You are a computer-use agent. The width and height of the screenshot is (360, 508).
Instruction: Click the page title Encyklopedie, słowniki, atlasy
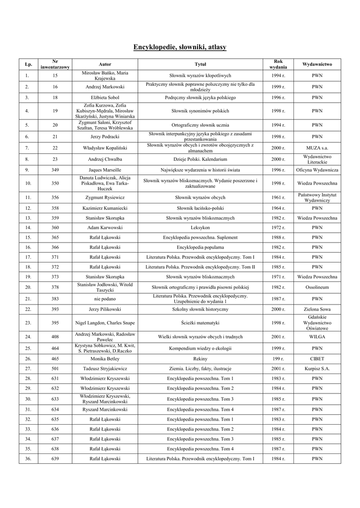(x=180, y=47)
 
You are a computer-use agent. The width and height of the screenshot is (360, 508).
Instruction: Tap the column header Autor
(x=105, y=64)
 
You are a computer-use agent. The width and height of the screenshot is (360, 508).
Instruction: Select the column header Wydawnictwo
(x=317, y=64)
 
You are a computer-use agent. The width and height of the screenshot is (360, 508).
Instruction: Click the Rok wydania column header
(x=278, y=64)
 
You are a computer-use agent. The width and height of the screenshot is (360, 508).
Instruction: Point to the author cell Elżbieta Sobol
(x=105, y=98)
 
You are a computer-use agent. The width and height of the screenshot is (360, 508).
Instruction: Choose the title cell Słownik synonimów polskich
(x=200, y=111)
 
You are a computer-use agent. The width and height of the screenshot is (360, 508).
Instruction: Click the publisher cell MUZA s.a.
(x=317, y=148)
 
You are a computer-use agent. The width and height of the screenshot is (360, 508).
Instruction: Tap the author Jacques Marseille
(x=105, y=170)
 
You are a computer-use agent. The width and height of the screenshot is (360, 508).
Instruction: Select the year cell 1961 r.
(x=278, y=197)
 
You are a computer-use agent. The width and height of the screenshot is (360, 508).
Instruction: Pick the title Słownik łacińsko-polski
(x=200, y=208)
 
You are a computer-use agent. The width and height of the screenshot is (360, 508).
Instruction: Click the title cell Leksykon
(x=200, y=227)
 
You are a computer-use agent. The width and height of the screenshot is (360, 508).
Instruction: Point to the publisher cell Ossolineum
(x=317, y=287)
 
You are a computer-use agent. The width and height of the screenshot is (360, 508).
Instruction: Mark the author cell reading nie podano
(x=105, y=299)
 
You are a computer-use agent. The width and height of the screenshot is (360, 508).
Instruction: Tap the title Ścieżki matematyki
(x=200, y=323)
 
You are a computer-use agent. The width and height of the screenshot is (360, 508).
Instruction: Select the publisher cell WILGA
(x=317, y=337)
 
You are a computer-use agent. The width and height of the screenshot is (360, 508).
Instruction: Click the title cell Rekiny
(x=200, y=358)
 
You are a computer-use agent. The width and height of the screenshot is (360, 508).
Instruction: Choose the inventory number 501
(x=55, y=369)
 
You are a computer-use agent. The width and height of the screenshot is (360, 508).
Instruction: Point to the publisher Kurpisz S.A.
(x=317, y=369)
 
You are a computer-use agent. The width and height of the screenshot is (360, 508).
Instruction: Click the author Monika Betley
(x=105, y=358)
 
